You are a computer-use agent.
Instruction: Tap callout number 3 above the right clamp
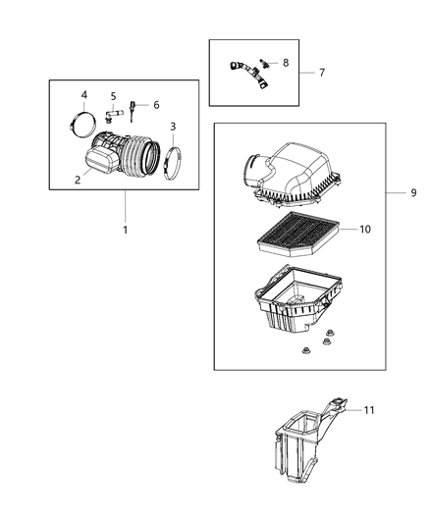click(173, 127)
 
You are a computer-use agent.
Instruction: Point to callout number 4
click(83, 94)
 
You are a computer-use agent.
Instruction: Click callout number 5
click(114, 96)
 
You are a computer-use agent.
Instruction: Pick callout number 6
click(154, 104)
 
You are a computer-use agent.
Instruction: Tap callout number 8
click(286, 62)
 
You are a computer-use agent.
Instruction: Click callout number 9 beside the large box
click(413, 192)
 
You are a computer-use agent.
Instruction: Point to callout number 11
click(369, 409)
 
